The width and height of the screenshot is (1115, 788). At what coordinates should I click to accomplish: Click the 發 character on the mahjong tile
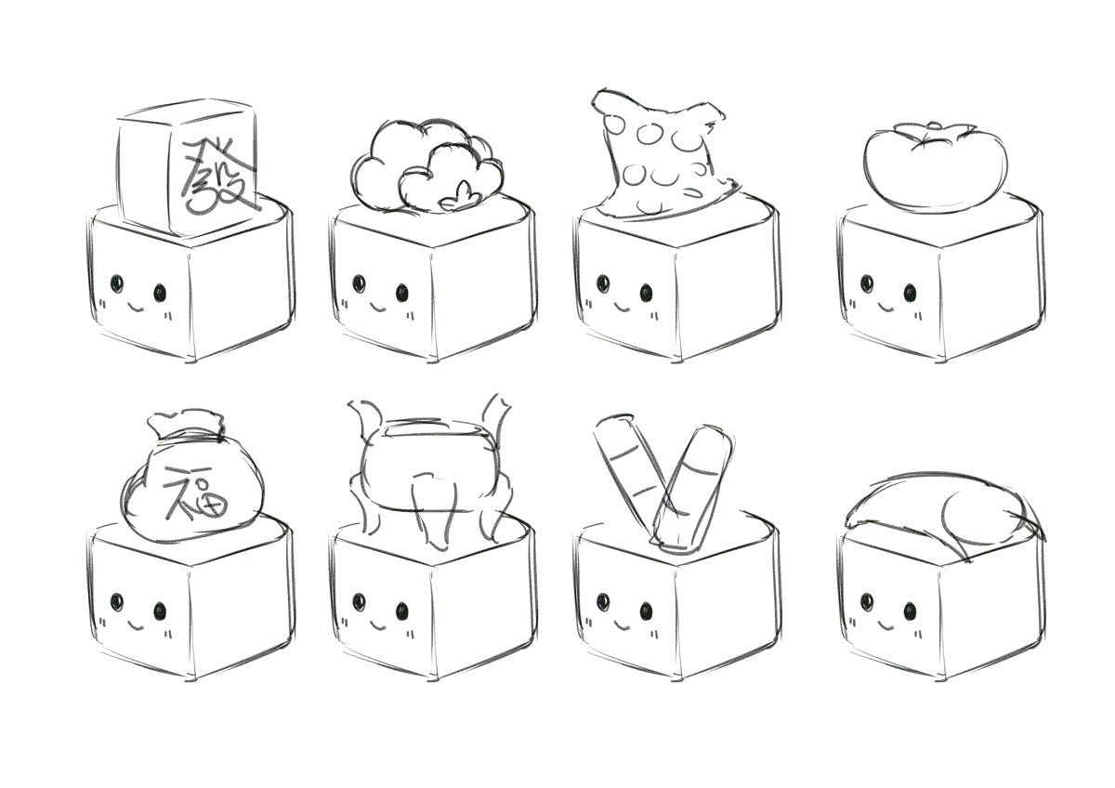pos(218,177)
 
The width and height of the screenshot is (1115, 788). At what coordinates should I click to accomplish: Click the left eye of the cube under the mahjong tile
pos(116,283)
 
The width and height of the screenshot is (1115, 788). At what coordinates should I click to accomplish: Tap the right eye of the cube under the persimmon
pos(910,293)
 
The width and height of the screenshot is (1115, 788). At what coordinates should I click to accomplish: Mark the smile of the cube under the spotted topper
pos(623,304)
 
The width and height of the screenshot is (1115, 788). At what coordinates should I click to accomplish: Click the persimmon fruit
pos(935,165)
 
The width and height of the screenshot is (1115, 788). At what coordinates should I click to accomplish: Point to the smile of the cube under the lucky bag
pos(136,624)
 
